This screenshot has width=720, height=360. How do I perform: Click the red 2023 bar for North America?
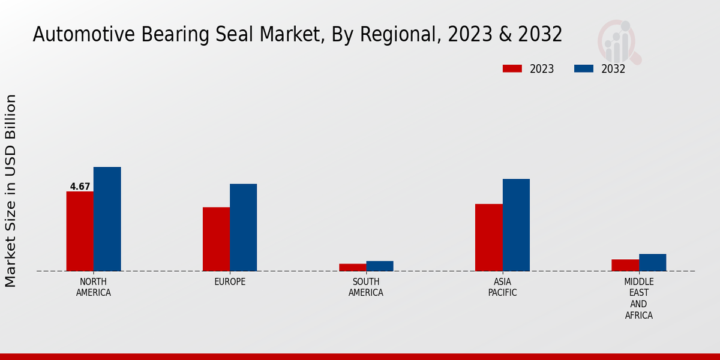tap(80, 231)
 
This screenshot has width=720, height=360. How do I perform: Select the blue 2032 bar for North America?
tap(107, 219)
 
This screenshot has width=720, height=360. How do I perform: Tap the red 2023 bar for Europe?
tap(216, 239)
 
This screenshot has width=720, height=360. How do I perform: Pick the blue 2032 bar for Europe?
tap(243, 227)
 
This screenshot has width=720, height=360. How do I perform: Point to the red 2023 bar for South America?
tap(352, 268)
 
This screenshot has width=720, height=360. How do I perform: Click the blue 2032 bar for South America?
tap(380, 266)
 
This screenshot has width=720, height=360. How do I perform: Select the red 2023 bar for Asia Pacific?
tap(488, 238)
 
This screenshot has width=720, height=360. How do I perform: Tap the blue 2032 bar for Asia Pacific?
tap(516, 225)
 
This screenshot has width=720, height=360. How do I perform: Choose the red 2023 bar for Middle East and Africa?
tap(625, 265)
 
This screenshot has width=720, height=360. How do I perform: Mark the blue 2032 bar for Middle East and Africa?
tap(652, 262)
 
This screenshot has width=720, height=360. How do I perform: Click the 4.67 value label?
tap(80, 187)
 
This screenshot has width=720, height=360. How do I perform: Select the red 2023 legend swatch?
tap(512, 68)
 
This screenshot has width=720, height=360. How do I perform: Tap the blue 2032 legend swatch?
tap(584, 68)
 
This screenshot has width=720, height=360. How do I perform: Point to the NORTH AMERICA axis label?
tap(94, 287)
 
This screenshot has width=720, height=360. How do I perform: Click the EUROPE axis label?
tap(230, 282)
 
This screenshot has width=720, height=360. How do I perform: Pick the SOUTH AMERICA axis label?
tap(366, 287)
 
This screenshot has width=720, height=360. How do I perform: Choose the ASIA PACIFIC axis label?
tap(502, 287)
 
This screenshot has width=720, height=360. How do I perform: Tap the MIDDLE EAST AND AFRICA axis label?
tap(639, 298)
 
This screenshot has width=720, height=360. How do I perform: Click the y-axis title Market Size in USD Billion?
tap(11, 191)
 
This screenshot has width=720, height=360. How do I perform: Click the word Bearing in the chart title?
tap(170, 35)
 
